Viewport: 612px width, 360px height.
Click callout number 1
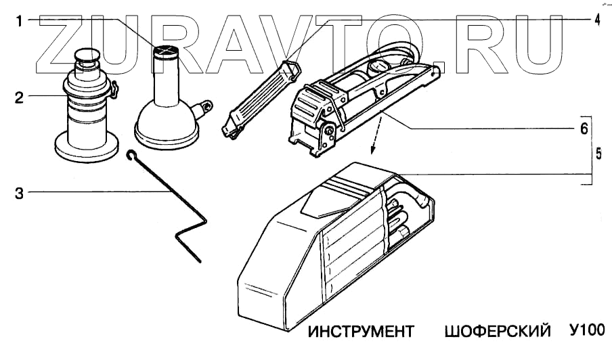point(20,21)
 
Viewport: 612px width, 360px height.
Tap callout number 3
point(20,193)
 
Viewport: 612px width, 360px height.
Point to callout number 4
point(596,20)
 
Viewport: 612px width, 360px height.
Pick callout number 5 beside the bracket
point(598,154)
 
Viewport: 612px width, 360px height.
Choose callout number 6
point(582,127)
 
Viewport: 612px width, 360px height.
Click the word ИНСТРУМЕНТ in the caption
point(360,333)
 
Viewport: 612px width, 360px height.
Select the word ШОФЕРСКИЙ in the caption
point(496,333)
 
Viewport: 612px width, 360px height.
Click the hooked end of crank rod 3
point(131,155)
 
